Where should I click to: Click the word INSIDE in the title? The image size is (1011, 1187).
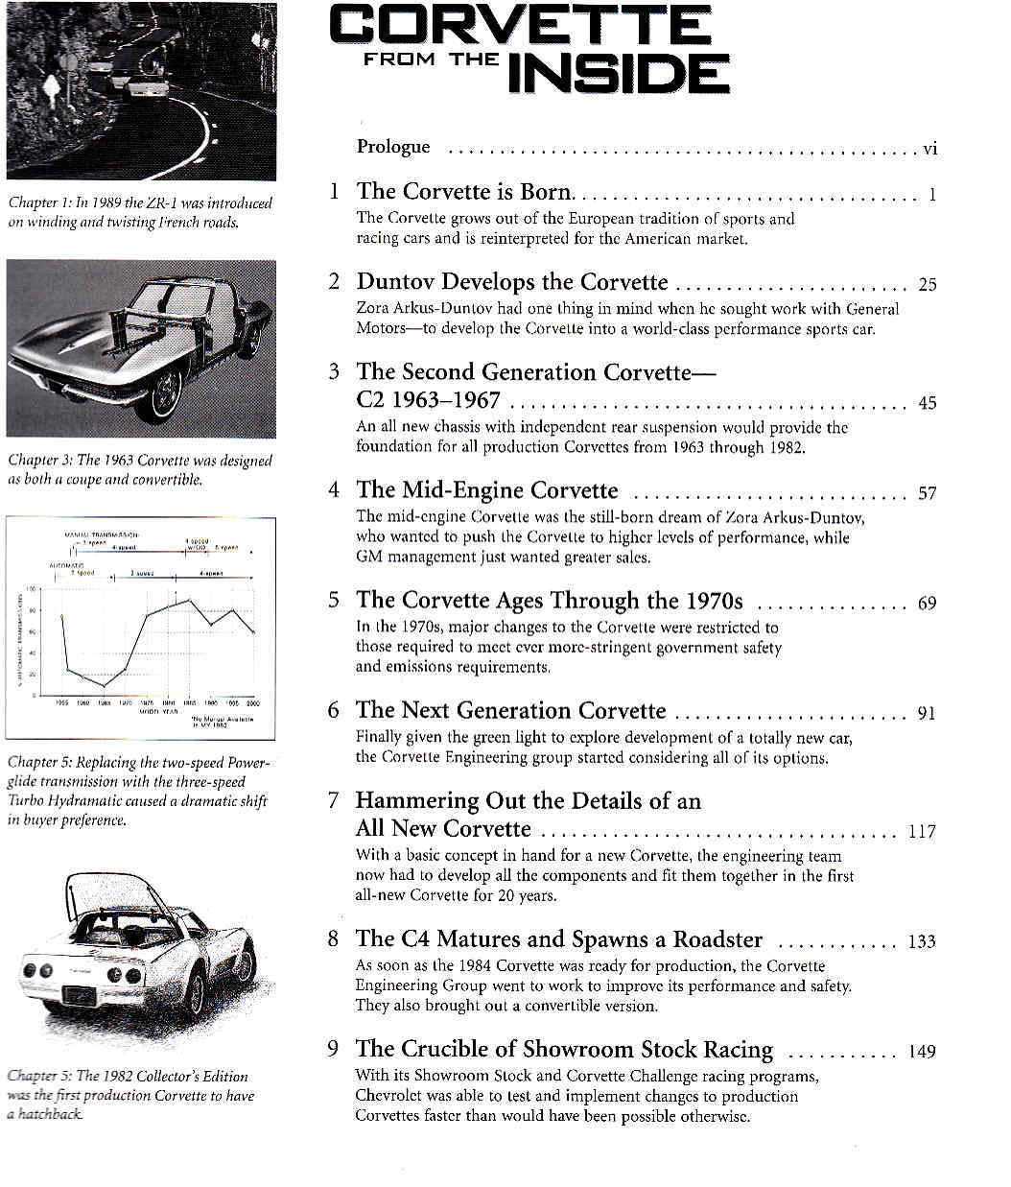coord(618,73)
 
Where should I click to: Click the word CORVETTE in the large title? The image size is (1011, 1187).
coord(520,26)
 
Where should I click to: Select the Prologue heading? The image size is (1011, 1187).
coord(393,147)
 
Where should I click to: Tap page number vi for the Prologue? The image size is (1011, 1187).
coord(929,148)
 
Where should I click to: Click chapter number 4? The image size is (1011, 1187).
coord(333,490)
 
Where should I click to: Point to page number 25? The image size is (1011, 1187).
coord(927,284)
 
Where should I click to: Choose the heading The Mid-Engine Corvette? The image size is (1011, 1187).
coord(487,490)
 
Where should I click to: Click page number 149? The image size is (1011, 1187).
coord(921,1051)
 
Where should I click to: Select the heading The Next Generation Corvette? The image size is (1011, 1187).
coord(510,710)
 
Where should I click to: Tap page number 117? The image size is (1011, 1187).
coord(921,831)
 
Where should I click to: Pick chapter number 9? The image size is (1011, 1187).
coord(333,1049)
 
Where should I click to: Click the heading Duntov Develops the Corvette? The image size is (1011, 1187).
coord(512,282)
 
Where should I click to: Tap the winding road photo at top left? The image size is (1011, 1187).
coord(141,90)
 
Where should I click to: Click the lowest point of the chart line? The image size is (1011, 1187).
coord(104,686)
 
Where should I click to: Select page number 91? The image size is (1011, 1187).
coord(927,713)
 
